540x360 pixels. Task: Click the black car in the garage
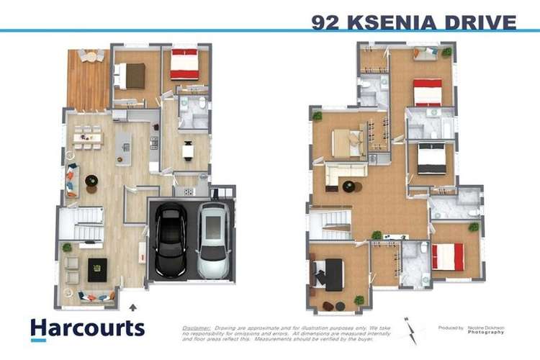coord(171,240)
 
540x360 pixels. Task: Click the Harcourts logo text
coord(87,328)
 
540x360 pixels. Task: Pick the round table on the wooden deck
coord(90,55)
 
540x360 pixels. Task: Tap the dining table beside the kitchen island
coord(87,136)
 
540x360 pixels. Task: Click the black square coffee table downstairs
coord(97,270)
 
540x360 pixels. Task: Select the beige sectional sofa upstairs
coord(344,173)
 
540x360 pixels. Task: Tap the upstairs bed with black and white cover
coord(431,158)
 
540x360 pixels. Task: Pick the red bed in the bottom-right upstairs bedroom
coord(448,256)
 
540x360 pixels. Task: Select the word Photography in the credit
coord(486,332)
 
